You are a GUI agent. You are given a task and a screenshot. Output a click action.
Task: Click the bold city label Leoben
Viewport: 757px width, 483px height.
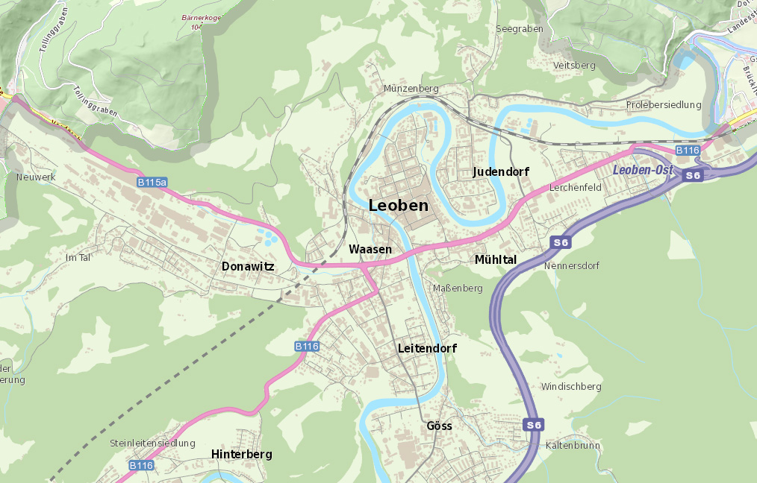(x=399, y=206)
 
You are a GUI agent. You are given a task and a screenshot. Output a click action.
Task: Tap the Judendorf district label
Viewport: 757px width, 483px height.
(x=501, y=172)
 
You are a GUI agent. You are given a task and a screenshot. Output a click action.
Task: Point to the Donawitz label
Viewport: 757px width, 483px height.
(x=248, y=266)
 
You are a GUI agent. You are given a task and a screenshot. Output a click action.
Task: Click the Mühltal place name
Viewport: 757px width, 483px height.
(x=496, y=259)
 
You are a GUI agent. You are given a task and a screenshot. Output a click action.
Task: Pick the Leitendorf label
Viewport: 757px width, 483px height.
(x=427, y=348)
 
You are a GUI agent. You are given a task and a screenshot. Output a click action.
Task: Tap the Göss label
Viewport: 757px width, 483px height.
(x=439, y=426)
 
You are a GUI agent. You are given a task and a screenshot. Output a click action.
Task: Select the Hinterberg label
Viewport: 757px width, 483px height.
(x=241, y=454)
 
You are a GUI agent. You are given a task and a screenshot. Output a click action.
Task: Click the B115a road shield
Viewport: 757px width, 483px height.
(x=152, y=182)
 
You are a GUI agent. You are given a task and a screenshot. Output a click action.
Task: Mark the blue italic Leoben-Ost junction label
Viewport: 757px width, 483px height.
(x=643, y=171)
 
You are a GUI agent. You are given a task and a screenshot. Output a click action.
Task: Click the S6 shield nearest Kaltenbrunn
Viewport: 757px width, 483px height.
(x=533, y=425)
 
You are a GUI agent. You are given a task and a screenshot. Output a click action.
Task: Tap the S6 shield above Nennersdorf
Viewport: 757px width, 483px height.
(x=561, y=242)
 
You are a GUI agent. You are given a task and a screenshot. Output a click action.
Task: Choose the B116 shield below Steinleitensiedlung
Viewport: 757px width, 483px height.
(x=141, y=465)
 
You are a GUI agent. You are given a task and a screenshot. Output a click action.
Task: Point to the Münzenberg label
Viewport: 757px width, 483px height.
(x=411, y=88)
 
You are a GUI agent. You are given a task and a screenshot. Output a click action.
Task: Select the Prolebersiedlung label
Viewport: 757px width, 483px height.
(x=664, y=105)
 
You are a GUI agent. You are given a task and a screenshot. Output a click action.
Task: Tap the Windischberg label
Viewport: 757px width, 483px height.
(x=571, y=387)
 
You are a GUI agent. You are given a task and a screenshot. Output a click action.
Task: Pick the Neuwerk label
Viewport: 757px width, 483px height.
(x=36, y=177)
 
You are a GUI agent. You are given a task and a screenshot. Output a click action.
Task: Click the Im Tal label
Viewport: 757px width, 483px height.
(x=78, y=257)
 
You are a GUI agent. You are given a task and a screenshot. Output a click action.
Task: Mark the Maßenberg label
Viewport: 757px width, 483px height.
(x=458, y=288)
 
